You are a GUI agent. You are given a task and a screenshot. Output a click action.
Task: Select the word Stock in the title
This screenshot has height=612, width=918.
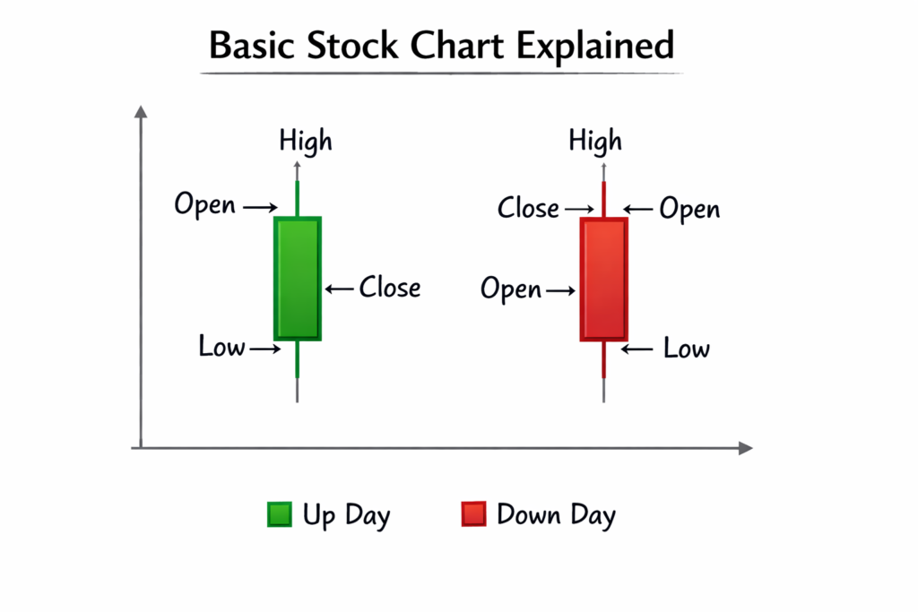pyautogui.click(x=353, y=45)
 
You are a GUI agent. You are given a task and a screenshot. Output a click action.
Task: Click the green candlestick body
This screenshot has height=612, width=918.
pyautogui.click(x=297, y=278)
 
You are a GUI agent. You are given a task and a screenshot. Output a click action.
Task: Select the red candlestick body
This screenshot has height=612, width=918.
pyautogui.click(x=603, y=279)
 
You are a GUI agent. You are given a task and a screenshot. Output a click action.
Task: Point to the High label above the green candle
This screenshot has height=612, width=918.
pyautogui.click(x=305, y=142)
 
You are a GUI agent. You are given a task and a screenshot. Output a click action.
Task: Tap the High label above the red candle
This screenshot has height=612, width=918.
pyautogui.click(x=595, y=142)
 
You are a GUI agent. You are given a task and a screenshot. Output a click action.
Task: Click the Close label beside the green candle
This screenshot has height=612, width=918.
pyautogui.click(x=390, y=288)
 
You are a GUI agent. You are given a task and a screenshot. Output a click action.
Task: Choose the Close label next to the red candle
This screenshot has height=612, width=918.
pyautogui.click(x=528, y=209)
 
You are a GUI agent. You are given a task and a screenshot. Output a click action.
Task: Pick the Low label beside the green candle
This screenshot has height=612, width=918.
pyautogui.click(x=221, y=347)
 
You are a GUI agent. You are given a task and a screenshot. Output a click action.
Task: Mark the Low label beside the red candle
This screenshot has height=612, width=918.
pyautogui.click(x=687, y=349)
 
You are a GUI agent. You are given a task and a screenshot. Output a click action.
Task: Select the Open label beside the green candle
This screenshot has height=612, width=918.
pyautogui.click(x=205, y=205)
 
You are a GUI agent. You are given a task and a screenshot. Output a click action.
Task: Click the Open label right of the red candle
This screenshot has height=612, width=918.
pyautogui.click(x=689, y=210)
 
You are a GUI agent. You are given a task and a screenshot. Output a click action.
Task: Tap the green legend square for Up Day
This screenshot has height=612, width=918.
pyautogui.click(x=279, y=514)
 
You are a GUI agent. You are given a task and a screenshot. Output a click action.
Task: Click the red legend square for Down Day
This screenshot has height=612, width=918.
pyautogui.click(x=473, y=514)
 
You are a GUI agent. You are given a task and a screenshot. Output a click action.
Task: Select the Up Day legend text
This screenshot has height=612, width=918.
pyautogui.click(x=346, y=516)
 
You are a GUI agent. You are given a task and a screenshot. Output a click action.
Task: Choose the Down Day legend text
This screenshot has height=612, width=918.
pyautogui.click(x=556, y=515)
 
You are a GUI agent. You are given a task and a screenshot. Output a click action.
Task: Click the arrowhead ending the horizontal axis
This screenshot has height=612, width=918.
pyautogui.click(x=745, y=447)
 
